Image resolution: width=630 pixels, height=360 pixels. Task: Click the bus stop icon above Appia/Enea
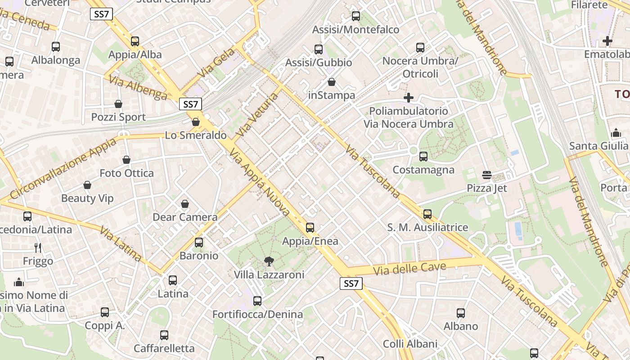[x=310, y=228]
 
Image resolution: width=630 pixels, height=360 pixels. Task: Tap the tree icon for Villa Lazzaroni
[x=269, y=261]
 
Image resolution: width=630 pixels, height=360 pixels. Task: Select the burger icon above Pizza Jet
[x=486, y=175]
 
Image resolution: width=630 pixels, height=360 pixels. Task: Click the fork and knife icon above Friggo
[x=38, y=247]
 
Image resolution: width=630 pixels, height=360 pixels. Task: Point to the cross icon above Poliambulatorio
[x=409, y=98]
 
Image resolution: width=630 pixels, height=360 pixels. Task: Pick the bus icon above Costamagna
[x=423, y=157]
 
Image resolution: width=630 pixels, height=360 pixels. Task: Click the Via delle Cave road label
[x=409, y=269]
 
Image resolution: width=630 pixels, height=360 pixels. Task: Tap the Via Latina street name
[x=121, y=245]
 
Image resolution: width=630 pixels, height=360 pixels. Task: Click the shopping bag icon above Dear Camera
[x=185, y=204]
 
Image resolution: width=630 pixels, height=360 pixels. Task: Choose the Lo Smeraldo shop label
[x=196, y=135]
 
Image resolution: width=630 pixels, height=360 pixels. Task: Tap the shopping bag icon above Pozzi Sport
[x=118, y=104]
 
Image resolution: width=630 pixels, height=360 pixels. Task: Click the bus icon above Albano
[x=461, y=313]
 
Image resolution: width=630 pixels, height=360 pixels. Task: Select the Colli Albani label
[x=410, y=344]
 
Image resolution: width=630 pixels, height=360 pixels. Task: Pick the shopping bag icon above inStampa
[x=332, y=82]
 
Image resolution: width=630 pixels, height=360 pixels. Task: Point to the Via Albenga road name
[x=138, y=87]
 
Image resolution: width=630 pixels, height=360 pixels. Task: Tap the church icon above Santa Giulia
[x=616, y=133]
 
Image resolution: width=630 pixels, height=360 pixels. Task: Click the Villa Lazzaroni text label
[x=269, y=274]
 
